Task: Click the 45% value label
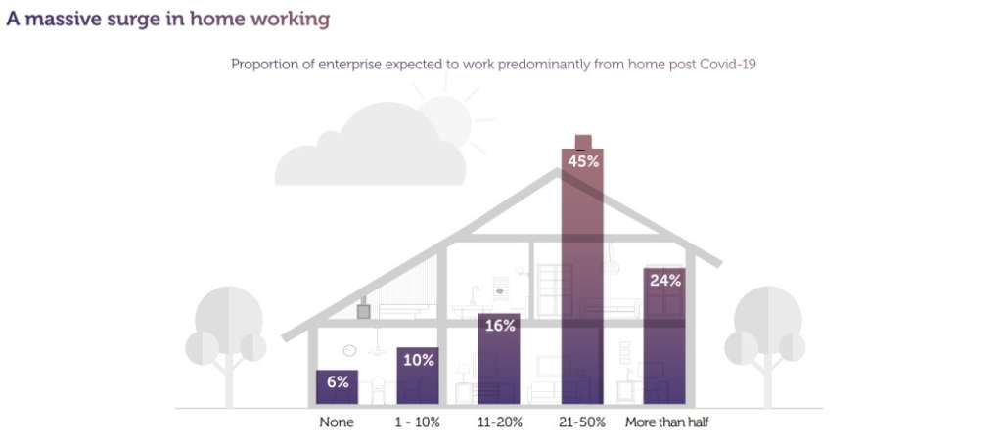[583, 161]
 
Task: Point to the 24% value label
[664, 280]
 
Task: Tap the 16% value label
[499, 326]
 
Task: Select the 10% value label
[418, 360]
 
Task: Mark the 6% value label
[338, 381]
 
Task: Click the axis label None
[336, 422]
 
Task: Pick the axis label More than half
[666, 422]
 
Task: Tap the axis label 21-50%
[583, 422]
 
